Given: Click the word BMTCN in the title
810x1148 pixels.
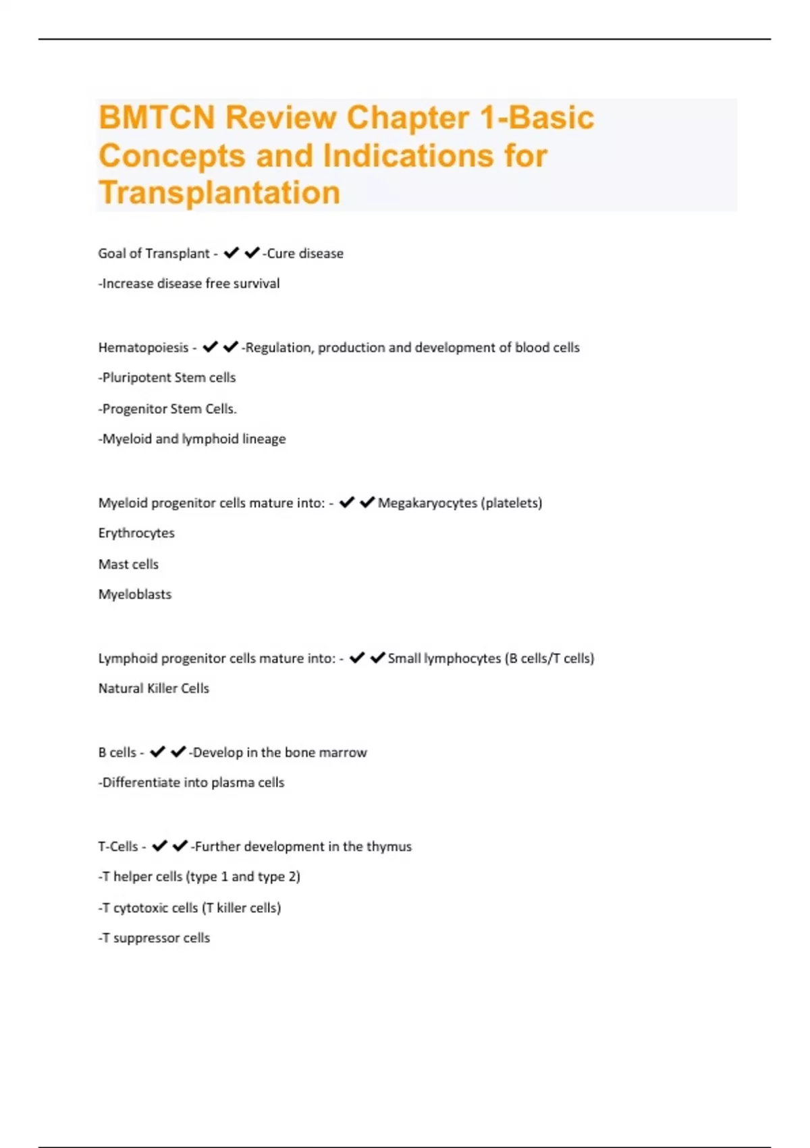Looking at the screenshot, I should tap(157, 118).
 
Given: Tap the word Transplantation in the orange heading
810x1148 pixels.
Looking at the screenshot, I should tap(219, 192).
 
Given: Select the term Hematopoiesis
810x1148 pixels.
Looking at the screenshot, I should tap(143, 348).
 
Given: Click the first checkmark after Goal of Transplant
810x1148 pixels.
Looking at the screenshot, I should tap(232, 253).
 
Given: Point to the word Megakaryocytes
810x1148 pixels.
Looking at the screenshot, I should tap(427, 503).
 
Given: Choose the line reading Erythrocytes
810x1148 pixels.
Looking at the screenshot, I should tap(136, 533).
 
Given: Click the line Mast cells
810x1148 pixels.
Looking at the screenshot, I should tap(128, 564).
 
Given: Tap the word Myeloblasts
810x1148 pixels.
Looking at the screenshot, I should tap(135, 594).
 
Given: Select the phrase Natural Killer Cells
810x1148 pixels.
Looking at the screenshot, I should tap(154, 688).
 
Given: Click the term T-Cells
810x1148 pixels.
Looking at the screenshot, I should tap(118, 846).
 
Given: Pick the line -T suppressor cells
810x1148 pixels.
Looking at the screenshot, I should tap(155, 938).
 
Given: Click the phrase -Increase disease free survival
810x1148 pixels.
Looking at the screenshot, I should tap(189, 284).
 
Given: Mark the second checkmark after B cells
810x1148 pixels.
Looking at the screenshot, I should tap(178, 752).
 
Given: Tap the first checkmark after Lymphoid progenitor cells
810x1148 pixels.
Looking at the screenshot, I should tap(357, 658).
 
